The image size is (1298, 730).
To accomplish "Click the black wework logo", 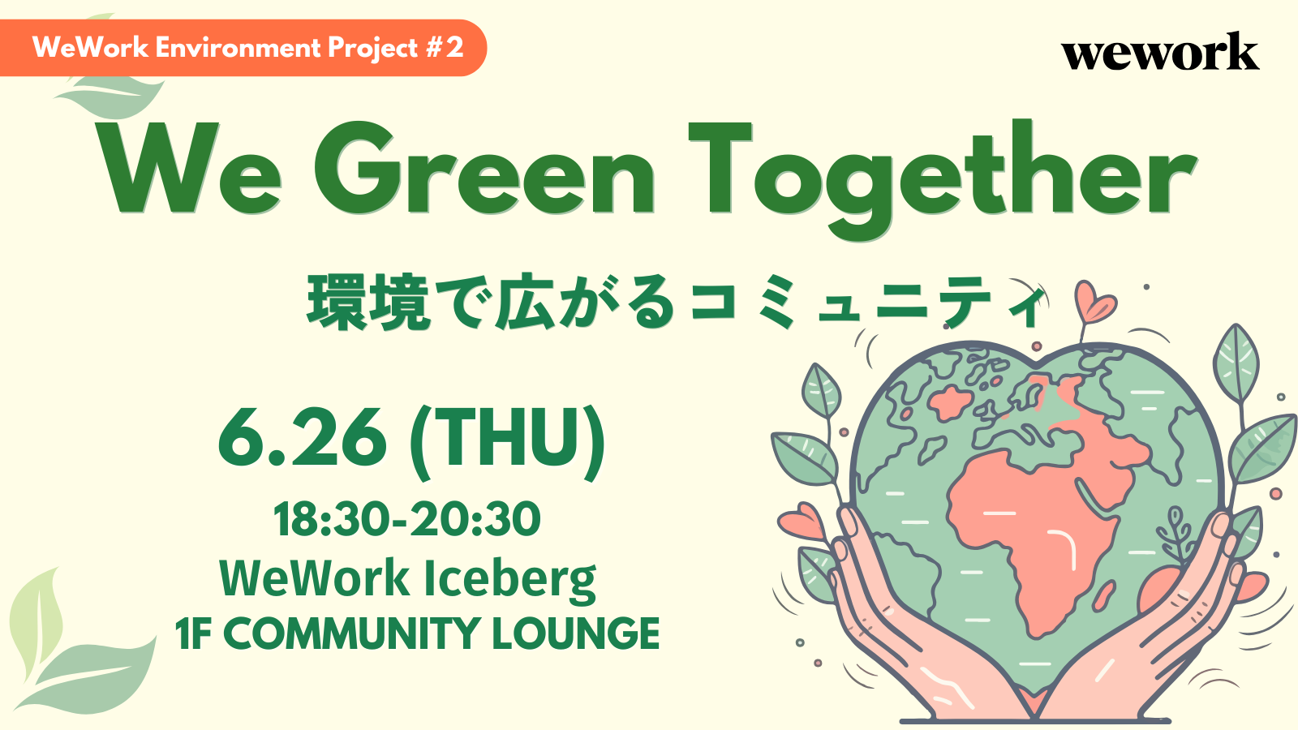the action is [x=1160, y=51].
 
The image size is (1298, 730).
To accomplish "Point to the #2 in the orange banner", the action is [x=445, y=47].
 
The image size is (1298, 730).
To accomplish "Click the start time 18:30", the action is [x=329, y=519].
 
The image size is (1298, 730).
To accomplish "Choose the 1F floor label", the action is [x=192, y=633].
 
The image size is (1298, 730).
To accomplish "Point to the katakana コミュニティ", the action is [x=867, y=303].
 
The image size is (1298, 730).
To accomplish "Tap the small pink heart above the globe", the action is [x=1094, y=301].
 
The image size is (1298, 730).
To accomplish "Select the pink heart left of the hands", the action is [x=802, y=522].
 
